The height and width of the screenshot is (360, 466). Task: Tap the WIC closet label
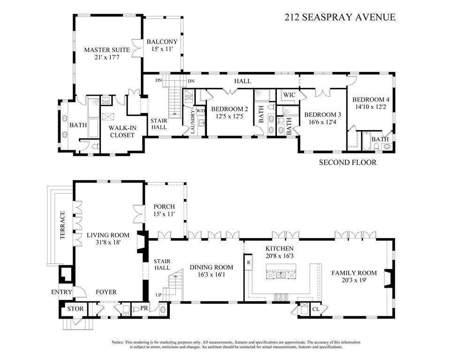pyautogui.click(x=289, y=95)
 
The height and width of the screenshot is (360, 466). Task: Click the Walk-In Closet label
pyautogui.click(x=122, y=131)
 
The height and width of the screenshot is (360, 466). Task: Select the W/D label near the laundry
pyautogui.click(x=200, y=111)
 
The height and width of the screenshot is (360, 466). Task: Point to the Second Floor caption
pyautogui.click(x=348, y=163)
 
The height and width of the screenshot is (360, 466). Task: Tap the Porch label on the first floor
pyautogui.click(x=164, y=207)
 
